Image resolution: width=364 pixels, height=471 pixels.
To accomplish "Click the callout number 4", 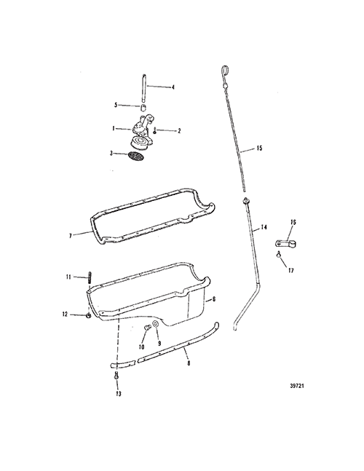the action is pos(173,87).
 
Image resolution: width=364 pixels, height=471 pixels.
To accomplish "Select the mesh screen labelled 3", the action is pos(135,156).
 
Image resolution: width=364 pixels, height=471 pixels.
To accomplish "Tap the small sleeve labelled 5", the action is pos(144,108).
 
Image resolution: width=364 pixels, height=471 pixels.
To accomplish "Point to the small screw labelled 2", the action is pos(155,131).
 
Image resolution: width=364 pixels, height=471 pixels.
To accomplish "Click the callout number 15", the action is pos(259,148).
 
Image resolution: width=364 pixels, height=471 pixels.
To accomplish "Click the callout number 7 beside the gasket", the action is pos(71,236).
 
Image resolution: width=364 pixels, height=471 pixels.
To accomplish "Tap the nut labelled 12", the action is pos(89,316).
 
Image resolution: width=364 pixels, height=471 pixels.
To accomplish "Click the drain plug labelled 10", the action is pos(147,328).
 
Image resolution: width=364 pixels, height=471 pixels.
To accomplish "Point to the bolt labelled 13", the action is pos(116,375).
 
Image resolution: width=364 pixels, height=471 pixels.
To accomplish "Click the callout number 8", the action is pos(189,363).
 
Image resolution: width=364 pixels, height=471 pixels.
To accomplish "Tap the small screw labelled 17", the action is pos(279,254).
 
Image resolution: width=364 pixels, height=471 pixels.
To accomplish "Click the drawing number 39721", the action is pos(297,386).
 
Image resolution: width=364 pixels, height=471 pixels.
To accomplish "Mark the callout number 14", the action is pos(264,227).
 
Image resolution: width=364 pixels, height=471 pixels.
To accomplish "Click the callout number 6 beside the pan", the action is pos(214,299).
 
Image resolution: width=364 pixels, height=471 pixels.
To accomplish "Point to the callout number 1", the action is pos(114,129).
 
